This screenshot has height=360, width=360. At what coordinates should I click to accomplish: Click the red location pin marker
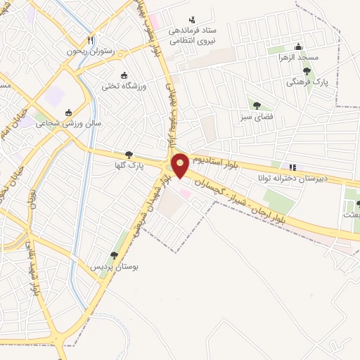(181, 165)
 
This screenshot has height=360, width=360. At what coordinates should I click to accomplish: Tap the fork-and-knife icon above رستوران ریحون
(90, 40)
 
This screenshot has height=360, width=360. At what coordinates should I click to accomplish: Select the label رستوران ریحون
(90, 51)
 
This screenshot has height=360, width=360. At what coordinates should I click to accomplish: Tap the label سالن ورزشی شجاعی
(69, 123)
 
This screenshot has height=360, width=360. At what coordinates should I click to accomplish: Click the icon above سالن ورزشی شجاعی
(69, 112)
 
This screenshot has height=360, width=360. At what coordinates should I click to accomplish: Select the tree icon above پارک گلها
(128, 155)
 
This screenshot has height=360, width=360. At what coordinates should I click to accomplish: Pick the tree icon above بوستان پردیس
(114, 256)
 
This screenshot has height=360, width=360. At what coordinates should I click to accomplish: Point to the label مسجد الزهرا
(298, 57)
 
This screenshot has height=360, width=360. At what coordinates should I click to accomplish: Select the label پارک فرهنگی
(307, 82)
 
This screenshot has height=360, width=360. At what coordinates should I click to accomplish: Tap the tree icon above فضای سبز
(257, 105)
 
